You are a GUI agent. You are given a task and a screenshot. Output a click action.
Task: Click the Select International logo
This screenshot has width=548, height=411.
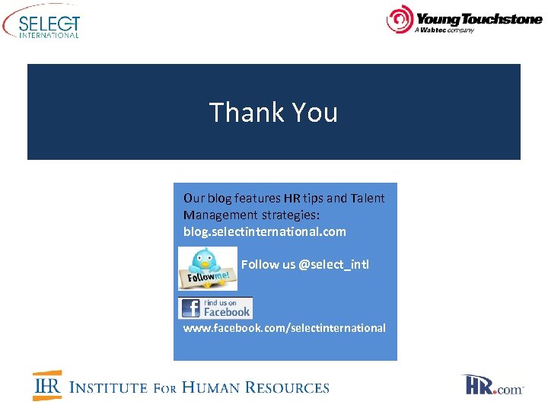[42, 23]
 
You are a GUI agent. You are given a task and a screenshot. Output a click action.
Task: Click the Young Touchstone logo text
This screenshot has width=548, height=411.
[478, 19]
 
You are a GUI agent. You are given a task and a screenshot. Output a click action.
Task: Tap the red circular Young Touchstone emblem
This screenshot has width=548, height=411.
[399, 20]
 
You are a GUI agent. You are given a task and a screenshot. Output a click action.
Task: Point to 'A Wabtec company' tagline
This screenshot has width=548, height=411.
[444, 30]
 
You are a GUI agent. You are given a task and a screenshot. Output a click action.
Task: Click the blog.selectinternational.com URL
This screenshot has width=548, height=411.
[264, 231]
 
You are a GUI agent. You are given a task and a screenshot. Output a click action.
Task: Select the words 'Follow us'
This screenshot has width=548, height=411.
[268, 265]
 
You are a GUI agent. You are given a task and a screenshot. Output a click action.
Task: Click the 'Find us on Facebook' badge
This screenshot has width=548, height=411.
[215, 308]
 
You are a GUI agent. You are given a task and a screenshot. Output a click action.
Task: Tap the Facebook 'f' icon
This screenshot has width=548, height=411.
[190, 308]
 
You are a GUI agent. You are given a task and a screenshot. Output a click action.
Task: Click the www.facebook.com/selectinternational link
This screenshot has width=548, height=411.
[284, 328]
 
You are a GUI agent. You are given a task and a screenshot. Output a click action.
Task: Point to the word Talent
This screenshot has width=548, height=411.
[368, 198]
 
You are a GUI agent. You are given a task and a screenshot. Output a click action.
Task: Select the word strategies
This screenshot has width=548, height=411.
[291, 215]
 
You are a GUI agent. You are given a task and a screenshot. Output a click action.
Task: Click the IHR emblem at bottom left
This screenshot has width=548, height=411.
[47, 386]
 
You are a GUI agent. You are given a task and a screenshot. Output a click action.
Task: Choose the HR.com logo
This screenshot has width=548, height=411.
[493, 385]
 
